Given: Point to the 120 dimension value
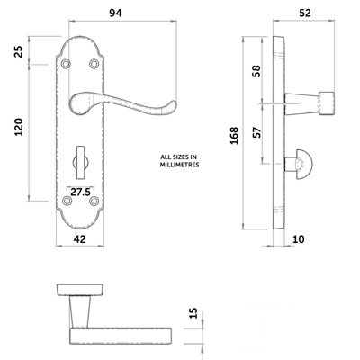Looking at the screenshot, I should click(x=16, y=132).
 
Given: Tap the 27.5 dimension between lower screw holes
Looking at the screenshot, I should click(x=79, y=191).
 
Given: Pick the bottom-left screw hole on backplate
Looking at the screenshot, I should click(x=69, y=203).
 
